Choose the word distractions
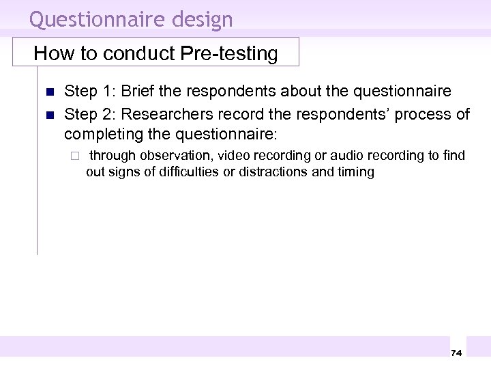point(268,172)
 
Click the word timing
point(355,172)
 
